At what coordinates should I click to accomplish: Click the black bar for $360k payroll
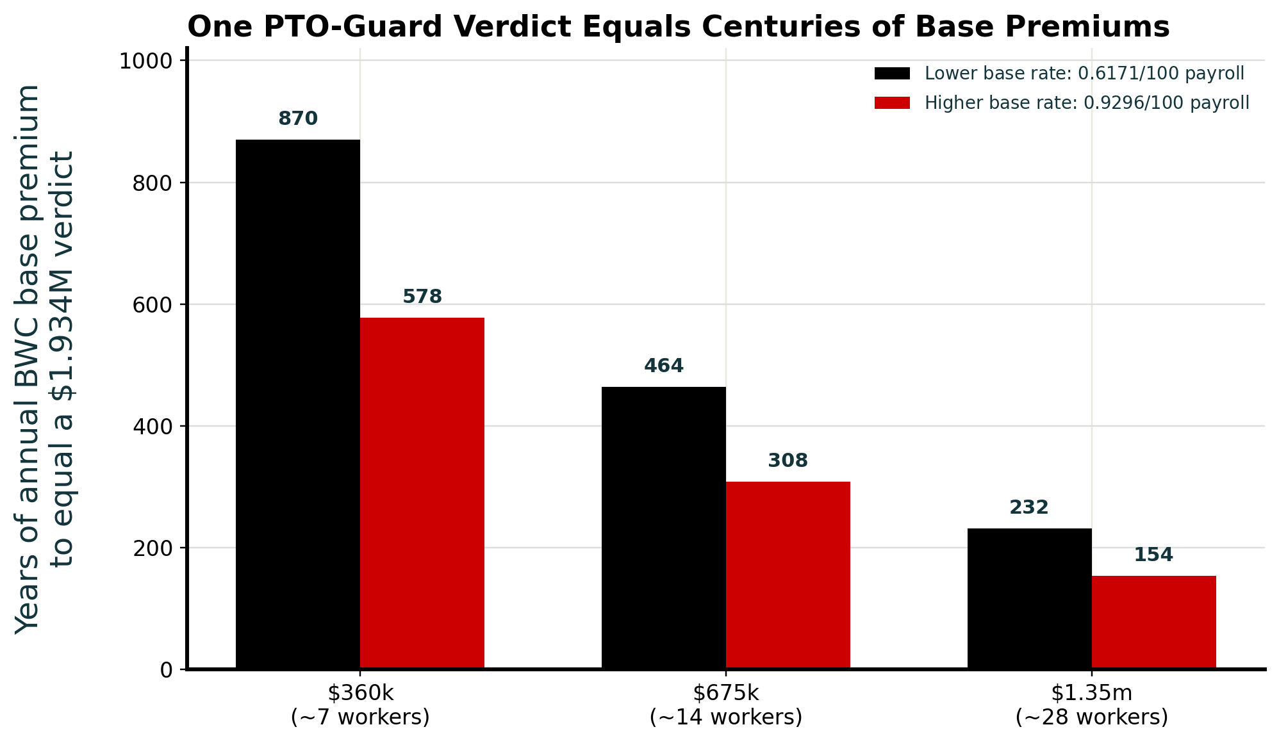[x=298, y=404]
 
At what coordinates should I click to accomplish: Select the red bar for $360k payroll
[x=422, y=493]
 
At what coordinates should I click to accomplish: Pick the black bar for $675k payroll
[x=664, y=528]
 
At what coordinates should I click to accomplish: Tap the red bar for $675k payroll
[x=788, y=575]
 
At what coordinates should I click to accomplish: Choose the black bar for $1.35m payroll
[x=1030, y=599]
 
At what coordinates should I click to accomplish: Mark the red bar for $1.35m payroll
[x=1154, y=623]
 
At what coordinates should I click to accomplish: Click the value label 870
[x=298, y=118]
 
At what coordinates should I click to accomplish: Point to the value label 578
[x=422, y=297]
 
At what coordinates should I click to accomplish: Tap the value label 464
[x=664, y=366]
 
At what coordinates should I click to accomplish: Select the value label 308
[x=788, y=461]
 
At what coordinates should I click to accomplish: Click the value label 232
[x=1029, y=507]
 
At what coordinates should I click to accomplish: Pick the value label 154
[x=1153, y=555]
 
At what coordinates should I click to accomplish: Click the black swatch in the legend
[x=892, y=74]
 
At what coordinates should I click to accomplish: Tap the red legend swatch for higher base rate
[x=892, y=103]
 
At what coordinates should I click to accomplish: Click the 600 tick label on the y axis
[x=153, y=305]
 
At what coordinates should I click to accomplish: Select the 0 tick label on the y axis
[x=167, y=670]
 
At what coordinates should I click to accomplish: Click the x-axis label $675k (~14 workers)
[x=726, y=705]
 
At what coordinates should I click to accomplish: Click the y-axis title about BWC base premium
[x=45, y=359]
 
